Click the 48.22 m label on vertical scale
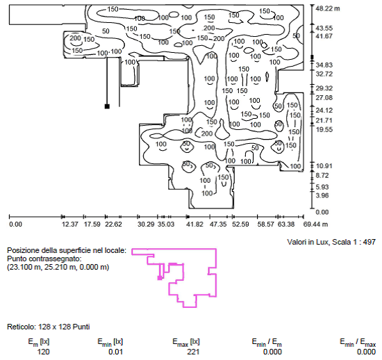(x=327, y=8)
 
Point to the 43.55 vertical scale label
(x=324, y=28)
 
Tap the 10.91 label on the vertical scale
(x=324, y=166)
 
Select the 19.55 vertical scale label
(x=324, y=130)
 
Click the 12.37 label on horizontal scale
(x=70, y=224)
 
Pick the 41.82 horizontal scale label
(x=194, y=224)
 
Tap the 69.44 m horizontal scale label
(x=315, y=224)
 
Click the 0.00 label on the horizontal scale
(x=15, y=224)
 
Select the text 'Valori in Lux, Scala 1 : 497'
(x=331, y=242)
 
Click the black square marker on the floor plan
(x=107, y=106)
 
